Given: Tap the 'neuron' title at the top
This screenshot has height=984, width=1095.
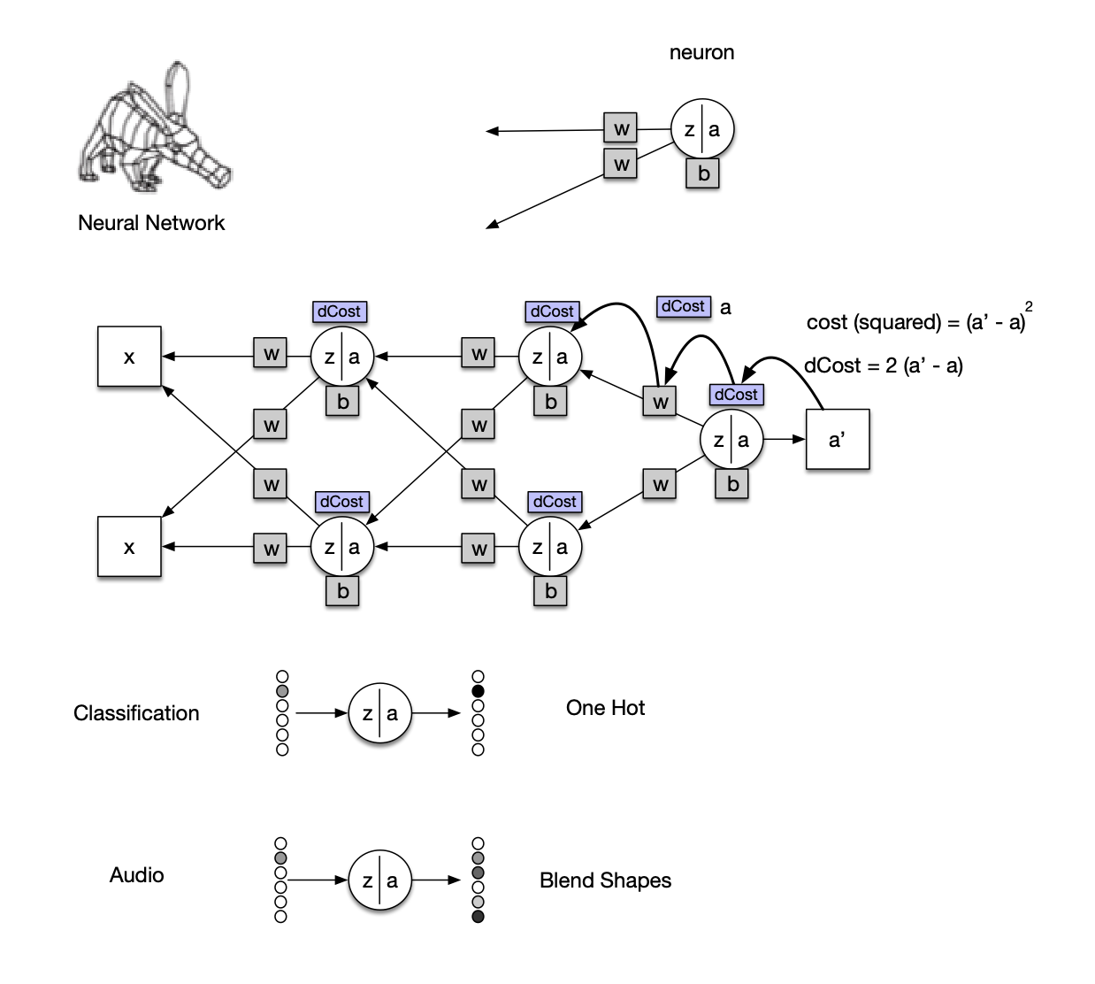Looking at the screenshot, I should [x=701, y=53].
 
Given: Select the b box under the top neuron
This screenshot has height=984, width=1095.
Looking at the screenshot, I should [x=703, y=173].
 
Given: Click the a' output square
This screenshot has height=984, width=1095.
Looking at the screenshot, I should [x=837, y=439].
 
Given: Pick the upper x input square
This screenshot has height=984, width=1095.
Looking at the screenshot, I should [x=129, y=357].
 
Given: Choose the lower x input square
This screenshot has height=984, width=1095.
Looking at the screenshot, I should [x=129, y=547].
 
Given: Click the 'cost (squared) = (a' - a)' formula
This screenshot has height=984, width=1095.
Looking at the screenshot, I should [x=916, y=321].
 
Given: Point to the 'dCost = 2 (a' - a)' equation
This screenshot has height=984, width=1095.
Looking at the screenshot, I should [x=883, y=365].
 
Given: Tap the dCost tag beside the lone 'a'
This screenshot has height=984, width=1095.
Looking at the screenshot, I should [x=684, y=306].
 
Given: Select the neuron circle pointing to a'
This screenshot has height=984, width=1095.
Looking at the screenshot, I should [x=731, y=440].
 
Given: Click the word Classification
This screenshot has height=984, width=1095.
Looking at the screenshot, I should [x=136, y=713].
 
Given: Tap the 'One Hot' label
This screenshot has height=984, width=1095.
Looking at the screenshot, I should [x=605, y=708].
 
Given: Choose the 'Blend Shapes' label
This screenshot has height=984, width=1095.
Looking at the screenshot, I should [x=605, y=880].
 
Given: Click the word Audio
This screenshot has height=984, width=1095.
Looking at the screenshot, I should [x=136, y=875].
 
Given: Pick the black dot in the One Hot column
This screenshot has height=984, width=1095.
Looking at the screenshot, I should [x=479, y=691].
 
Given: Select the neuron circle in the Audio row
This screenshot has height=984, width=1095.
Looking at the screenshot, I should [x=379, y=880].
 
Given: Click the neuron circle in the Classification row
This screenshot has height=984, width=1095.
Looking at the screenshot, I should [x=380, y=712].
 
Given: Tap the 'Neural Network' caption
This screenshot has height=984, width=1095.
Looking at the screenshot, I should [x=151, y=223].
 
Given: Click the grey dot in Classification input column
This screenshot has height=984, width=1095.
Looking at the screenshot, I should [x=282, y=691].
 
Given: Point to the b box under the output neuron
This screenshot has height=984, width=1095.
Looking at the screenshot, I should [x=732, y=484].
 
